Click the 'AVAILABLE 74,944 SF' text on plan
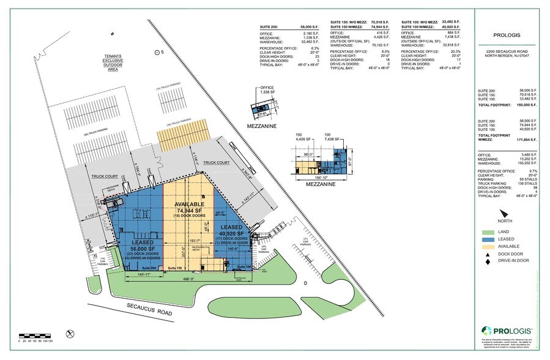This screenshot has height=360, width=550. pyautogui.click(x=189, y=208)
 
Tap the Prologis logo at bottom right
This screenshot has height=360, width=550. pyautogui.click(x=505, y=329)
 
